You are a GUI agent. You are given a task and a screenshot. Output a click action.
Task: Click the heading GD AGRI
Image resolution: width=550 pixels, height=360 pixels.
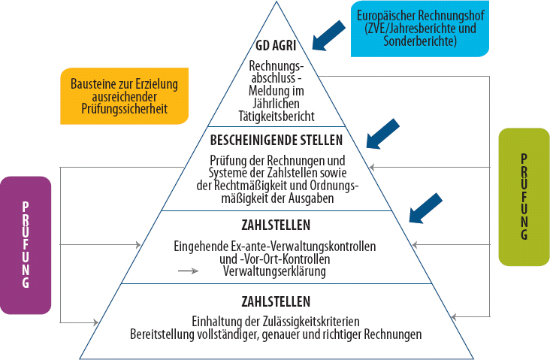tap(276, 46)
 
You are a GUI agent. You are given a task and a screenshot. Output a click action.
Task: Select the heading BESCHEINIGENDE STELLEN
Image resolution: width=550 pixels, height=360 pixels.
tap(277, 140)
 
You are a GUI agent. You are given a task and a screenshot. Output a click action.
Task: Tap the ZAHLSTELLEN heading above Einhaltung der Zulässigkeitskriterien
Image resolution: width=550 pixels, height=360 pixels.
tap(276, 301)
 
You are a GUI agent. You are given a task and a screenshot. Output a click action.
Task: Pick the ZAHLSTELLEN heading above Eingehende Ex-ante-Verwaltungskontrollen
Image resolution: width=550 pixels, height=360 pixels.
tap(276, 225)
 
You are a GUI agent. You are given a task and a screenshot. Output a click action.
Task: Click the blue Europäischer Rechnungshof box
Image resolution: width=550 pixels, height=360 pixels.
tap(420, 29)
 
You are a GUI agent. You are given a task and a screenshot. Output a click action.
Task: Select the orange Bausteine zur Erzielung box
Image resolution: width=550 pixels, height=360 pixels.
tap(125, 96)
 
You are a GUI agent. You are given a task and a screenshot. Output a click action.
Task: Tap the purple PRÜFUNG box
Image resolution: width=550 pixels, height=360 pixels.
tap(26, 245)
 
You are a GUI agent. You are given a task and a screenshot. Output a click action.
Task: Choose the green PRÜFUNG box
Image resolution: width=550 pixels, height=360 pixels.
tap(524, 197)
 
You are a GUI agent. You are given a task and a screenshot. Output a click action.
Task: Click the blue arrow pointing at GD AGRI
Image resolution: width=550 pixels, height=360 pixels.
tap(328, 36)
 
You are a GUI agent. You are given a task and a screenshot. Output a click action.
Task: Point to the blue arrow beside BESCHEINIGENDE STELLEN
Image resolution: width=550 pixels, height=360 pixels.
tap(382, 134)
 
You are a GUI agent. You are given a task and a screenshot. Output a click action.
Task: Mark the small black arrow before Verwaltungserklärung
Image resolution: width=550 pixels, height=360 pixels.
tap(189, 271)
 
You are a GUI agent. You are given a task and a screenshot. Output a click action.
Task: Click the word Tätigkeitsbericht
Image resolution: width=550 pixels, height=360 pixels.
tap(277, 116)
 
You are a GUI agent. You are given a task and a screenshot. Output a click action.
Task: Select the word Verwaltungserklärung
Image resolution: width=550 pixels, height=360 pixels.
tap(275, 271)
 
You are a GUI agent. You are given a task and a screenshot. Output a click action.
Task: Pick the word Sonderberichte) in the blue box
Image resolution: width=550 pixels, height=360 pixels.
tap(420, 41)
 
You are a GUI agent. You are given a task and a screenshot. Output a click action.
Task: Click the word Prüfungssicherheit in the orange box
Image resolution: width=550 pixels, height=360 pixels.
tap(125, 109)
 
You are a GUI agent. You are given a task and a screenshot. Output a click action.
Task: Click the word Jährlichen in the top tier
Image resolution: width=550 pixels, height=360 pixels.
tap(277, 104)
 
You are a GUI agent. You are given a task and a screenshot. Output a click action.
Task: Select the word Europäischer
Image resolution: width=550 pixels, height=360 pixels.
tap(386, 16)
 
